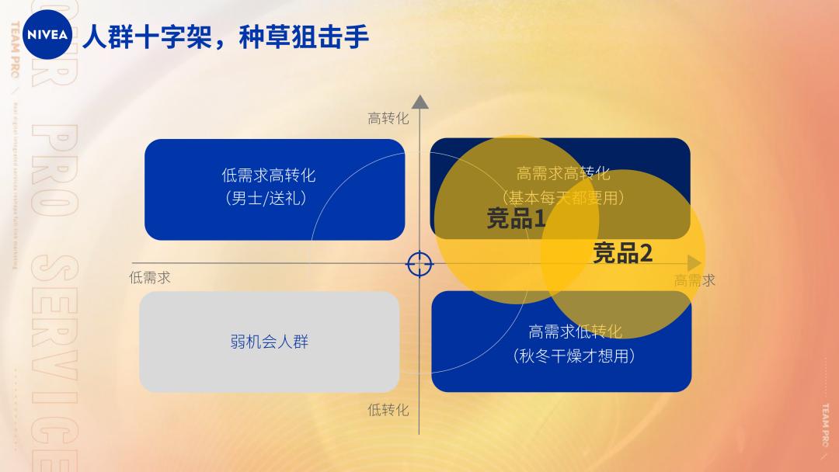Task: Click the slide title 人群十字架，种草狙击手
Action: click(x=225, y=36)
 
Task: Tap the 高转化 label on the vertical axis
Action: click(x=388, y=118)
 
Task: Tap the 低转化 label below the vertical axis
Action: click(x=388, y=409)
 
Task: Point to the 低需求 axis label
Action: click(x=150, y=277)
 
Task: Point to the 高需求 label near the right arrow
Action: click(x=695, y=280)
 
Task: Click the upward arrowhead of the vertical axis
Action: click(x=420, y=102)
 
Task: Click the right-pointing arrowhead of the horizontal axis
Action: click(x=694, y=263)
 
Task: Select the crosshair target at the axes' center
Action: click(x=419, y=264)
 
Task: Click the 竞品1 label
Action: click(x=516, y=219)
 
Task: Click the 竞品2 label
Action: click(x=622, y=253)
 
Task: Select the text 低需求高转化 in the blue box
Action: click(x=269, y=175)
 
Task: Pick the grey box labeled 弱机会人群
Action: click(x=270, y=342)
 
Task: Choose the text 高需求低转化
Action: click(x=575, y=331)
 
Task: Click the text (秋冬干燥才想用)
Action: click(x=575, y=356)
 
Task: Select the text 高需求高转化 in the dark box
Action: click(x=563, y=173)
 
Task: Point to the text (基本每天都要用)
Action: click(x=563, y=198)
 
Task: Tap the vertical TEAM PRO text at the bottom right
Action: click(x=824, y=424)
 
